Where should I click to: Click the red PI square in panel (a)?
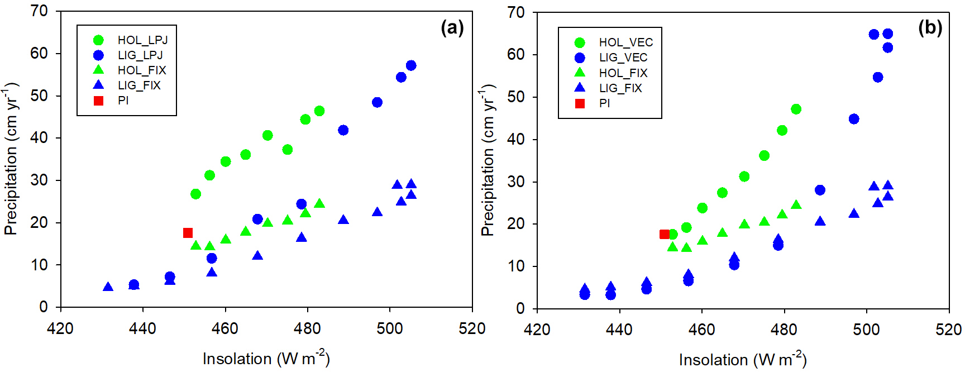(x=188, y=233)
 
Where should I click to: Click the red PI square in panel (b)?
(x=664, y=235)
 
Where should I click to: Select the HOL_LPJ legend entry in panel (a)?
(x=142, y=40)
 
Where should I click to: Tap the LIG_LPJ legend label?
(x=140, y=55)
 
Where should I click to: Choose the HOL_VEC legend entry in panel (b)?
(x=625, y=42)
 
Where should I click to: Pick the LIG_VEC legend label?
(x=623, y=58)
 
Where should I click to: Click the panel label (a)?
(x=452, y=27)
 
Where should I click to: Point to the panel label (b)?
(x=930, y=27)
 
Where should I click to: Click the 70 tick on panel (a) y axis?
(x=39, y=11)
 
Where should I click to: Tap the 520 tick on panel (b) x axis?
(x=948, y=330)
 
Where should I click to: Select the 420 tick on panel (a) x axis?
(x=60, y=328)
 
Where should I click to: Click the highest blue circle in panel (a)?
(x=411, y=65)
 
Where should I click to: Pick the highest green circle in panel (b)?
(x=796, y=109)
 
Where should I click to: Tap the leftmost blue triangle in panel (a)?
(x=108, y=287)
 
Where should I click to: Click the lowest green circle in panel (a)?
(x=195, y=194)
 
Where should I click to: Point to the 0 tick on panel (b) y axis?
(x=520, y=308)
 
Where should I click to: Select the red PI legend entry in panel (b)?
(x=604, y=103)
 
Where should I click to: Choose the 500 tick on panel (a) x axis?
(x=390, y=328)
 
